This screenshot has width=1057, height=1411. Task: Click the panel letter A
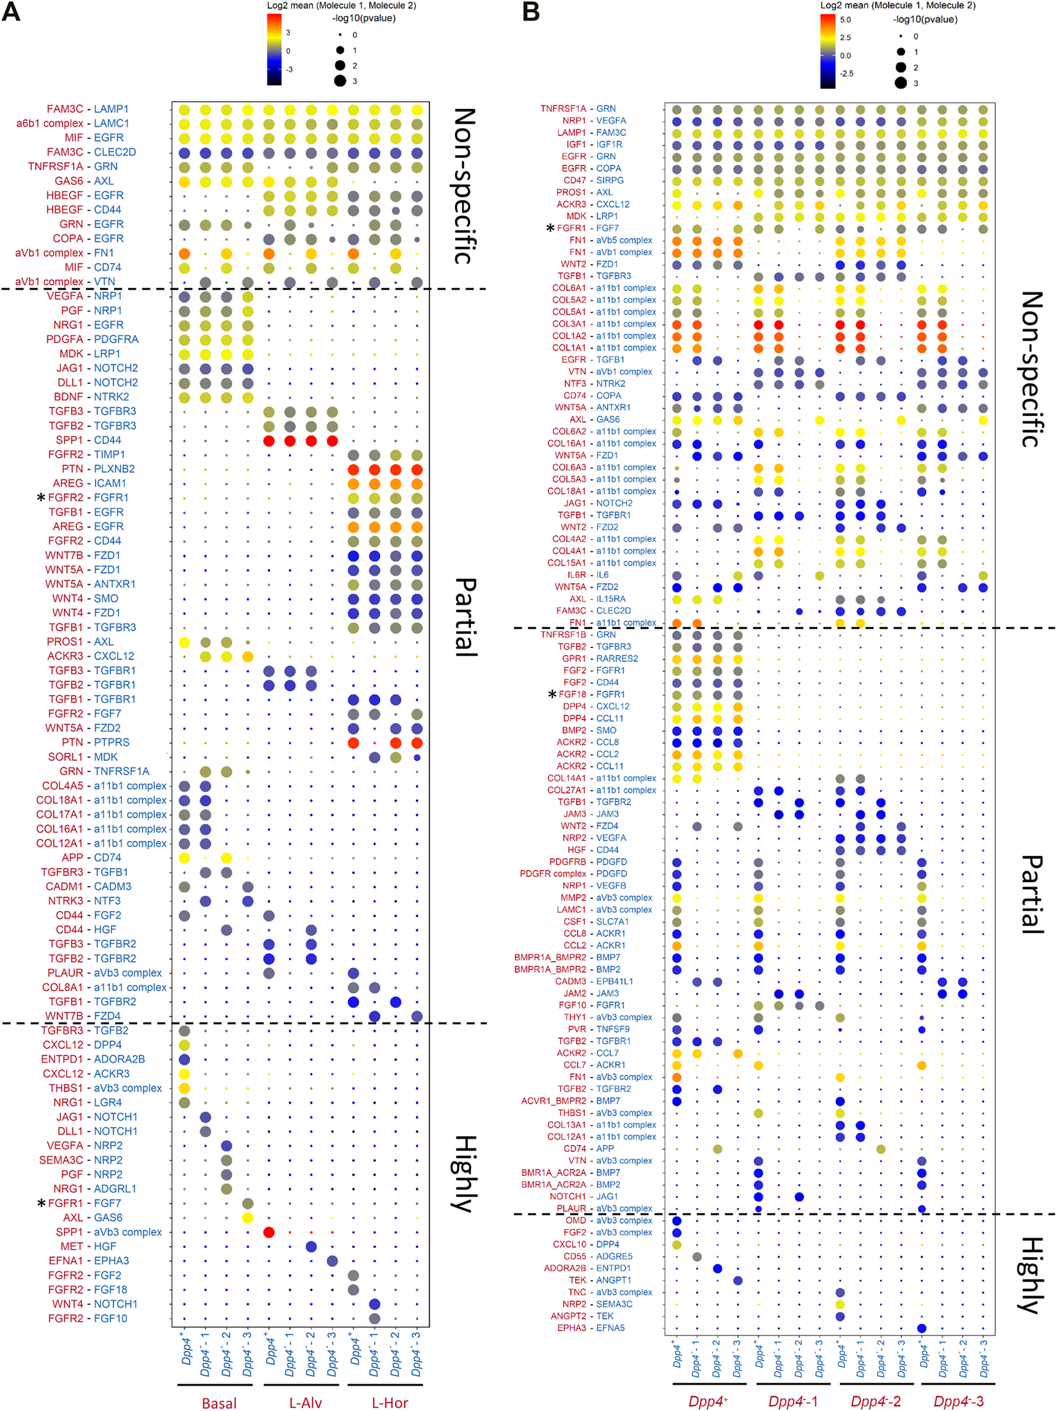pos(11,12)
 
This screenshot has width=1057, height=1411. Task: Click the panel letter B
pos(531,12)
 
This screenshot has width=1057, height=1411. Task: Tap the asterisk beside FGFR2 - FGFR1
pos(41,497)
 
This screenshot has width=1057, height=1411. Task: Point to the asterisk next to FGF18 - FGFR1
pos(552,694)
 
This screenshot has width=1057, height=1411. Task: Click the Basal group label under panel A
pos(219,1403)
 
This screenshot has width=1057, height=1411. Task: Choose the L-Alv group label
pos(305,1403)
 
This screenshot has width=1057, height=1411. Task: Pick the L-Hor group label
pos(390,1403)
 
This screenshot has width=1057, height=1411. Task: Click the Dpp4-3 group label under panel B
pos(958,1401)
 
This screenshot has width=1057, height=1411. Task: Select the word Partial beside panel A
pos(466,617)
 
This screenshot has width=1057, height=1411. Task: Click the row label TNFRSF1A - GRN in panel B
pos(578,108)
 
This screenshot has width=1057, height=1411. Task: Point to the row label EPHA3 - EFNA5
pos(590,1328)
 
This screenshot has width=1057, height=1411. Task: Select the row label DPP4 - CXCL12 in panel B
pos(595,706)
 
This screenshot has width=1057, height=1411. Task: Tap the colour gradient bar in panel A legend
pos(274,49)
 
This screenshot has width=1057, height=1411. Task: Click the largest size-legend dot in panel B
pos(901,83)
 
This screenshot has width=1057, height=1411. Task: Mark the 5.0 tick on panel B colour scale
pos(845,20)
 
